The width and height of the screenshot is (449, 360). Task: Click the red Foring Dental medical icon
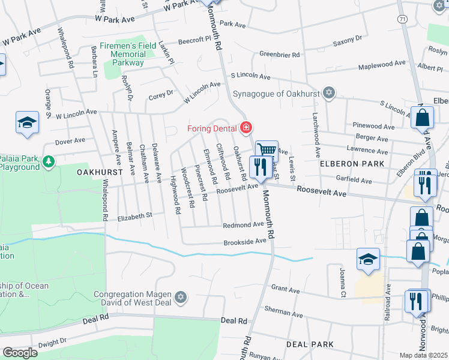coord(246,127)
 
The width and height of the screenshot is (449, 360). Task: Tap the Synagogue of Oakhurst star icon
coord(328,92)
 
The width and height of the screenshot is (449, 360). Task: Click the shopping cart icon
coord(267,150)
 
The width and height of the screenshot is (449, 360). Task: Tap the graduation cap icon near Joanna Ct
coord(368,258)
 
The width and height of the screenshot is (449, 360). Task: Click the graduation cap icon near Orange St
coord(27,122)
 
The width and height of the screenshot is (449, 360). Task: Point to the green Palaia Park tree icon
coord(49,161)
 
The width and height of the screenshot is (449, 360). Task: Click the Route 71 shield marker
coord(403,19)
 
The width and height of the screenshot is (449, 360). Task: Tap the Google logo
coord(20,353)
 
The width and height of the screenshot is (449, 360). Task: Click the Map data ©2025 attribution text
coord(423,355)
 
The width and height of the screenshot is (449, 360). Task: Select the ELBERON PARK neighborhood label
coord(348,163)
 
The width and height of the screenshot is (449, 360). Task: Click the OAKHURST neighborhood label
coord(100,172)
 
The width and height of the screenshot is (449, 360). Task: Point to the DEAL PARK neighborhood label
coord(310,344)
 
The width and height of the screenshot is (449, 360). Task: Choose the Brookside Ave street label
coord(244,241)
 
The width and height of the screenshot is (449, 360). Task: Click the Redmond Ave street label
coord(243,224)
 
